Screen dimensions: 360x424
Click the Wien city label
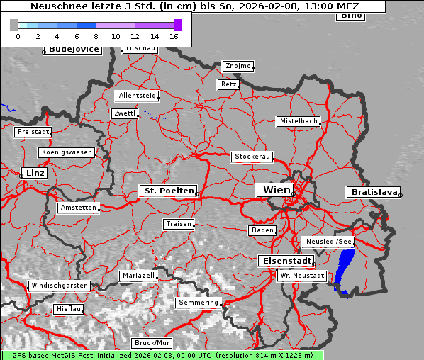pos(277,190)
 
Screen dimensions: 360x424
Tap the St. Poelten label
pos(168,191)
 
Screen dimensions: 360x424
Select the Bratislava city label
pos(373,192)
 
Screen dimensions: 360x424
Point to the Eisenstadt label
pos(284,261)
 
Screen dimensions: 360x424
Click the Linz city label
pos(33,173)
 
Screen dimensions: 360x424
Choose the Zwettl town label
pos(125,113)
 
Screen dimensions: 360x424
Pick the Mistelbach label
pos(298,121)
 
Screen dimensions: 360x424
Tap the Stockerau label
pos(252,157)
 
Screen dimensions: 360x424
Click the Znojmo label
pos(238,66)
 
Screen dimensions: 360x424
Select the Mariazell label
pos(138,275)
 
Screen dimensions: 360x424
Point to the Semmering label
pos(199,303)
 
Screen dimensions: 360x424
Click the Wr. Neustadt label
pos(302,275)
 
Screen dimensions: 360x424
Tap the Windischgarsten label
pos(59,286)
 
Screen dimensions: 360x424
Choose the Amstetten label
pos(78,208)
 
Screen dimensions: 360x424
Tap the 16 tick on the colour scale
pos(174,36)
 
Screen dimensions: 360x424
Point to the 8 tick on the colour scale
pos(96,36)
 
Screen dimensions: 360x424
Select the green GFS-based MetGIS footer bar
pos(162,355)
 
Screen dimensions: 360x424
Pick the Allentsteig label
pos(138,96)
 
